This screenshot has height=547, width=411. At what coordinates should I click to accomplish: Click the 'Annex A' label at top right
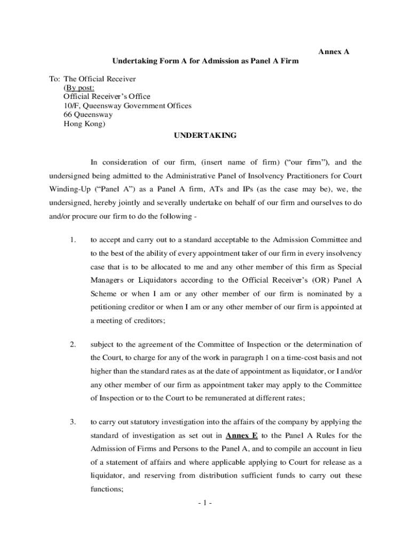(334, 52)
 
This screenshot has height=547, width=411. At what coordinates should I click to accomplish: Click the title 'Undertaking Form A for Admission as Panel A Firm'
(205, 61)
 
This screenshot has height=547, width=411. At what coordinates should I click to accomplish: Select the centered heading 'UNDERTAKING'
(205, 136)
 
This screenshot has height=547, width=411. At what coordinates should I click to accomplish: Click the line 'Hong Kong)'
(84, 123)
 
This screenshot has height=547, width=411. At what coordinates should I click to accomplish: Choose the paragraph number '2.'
(73, 343)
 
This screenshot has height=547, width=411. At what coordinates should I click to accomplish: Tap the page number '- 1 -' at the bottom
(204, 503)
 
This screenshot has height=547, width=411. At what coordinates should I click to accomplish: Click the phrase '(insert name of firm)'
(237, 162)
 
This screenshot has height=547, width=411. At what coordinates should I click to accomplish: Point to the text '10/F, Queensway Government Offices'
(127, 106)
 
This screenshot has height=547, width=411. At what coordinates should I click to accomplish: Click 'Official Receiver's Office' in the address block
(107, 97)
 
